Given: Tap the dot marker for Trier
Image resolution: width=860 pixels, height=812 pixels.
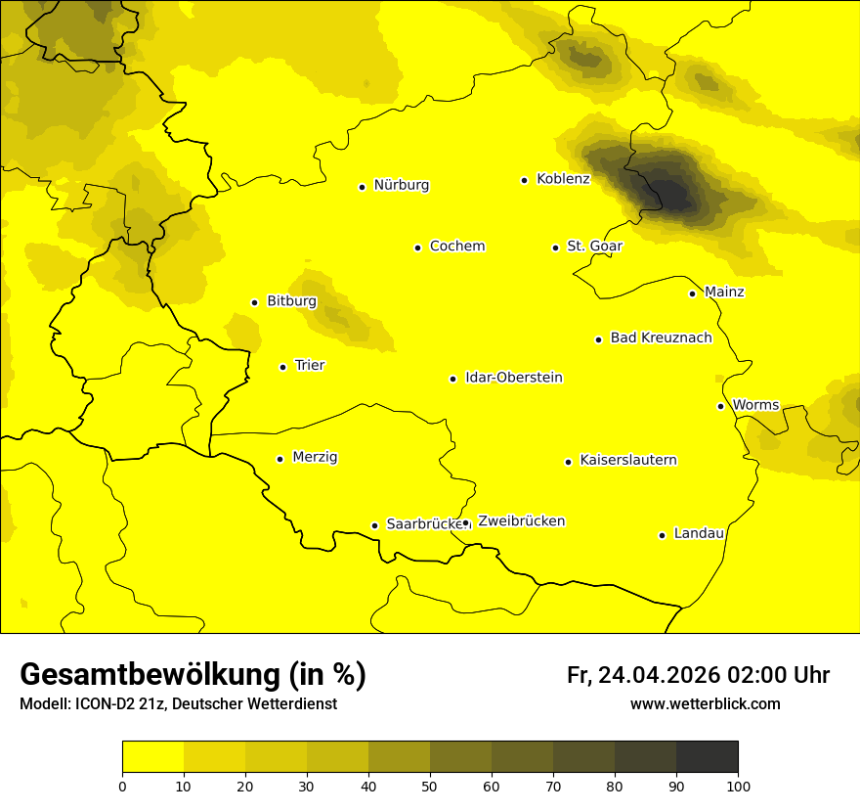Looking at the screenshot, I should pyautogui.click(x=282, y=367).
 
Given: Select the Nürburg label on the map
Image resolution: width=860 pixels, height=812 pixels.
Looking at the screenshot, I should pyautogui.click(x=401, y=185).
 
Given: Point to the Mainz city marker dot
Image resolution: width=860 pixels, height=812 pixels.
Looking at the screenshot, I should pyautogui.click(x=692, y=293).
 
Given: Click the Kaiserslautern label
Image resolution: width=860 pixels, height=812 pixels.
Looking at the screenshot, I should pyautogui.click(x=627, y=460).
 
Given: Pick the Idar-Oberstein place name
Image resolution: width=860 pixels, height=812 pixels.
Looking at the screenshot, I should pyautogui.click(x=513, y=378).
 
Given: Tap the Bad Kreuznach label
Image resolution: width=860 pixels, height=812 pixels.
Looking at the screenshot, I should pyautogui.click(x=661, y=338).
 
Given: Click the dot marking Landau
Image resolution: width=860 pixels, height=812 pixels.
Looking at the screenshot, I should pyautogui.click(x=662, y=535).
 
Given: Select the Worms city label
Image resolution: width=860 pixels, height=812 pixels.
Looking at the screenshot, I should pyautogui.click(x=755, y=405).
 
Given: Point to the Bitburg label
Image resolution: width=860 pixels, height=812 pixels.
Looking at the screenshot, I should pyautogui.click(x=291, y=301).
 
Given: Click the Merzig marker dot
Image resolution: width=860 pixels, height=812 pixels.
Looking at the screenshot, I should pyautogui.click(x=279, y=459).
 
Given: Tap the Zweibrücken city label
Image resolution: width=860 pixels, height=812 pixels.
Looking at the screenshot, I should pyautogui.click(x=521, y=521).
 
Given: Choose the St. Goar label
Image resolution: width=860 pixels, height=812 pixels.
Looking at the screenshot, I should pyautogui.click(x=594, y=247).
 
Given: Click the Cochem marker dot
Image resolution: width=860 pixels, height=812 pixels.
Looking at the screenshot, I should pyautogui.click(x=417, y=248).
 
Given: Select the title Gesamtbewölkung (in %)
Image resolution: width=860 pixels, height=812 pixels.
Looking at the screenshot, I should pyautogui.click(x=193, y=675).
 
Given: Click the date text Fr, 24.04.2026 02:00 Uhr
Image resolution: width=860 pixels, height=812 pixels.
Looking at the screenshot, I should pyautogui.click(x=698, y=675).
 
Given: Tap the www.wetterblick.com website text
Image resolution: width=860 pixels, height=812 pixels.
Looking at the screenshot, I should pyautogui.click(x=705, y=703).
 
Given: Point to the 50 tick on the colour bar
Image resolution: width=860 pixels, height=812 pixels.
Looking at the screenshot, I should pyautogui.click(x=430, y=785).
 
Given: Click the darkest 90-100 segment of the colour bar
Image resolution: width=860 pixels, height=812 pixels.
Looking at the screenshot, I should pyautogui.click(x=707, y=757).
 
